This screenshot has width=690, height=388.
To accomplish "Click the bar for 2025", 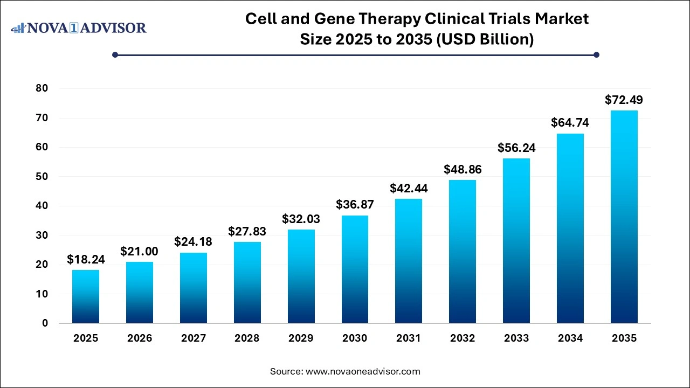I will [86, 296].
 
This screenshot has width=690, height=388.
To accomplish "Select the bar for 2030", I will [355, 269].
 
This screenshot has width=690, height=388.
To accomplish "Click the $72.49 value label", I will [624, 100].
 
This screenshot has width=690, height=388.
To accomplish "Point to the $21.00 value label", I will [140, 251].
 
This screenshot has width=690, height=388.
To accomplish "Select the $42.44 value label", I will [409, 188].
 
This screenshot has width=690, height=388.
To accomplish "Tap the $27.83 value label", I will [247, 231].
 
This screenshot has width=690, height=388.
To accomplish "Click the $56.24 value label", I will [516, 148].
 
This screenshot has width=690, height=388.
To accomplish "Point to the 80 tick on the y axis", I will [42, 88].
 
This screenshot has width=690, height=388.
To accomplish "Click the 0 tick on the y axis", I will [45, 323].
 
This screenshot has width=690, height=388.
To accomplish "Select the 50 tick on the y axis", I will [42, 176].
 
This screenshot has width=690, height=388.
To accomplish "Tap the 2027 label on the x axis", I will [194, 338].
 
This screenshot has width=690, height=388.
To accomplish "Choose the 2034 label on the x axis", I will [570, 338].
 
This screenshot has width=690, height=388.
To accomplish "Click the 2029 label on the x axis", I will [301, 338].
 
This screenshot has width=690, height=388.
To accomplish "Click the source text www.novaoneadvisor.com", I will [363, 371].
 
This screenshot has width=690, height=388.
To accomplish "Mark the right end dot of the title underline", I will [596, 54].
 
